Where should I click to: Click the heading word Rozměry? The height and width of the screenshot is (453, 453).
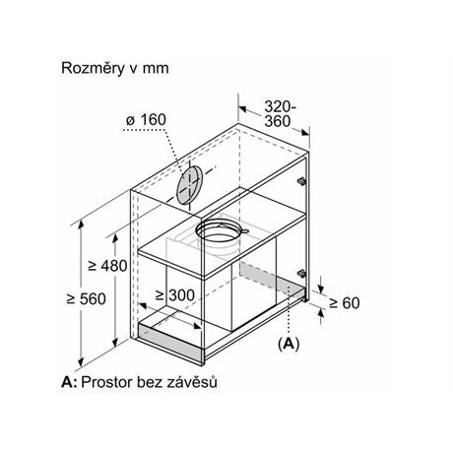pos(94,68)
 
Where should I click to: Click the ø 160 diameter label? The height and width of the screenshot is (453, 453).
pos(146,120)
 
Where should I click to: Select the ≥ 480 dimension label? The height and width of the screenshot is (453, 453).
pos(107,266)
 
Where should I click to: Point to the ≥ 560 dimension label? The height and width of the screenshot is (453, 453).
pos(86,299)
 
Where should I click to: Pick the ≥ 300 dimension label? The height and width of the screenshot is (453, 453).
pos(175,295)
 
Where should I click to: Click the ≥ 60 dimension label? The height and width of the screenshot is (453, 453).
pos(345,303)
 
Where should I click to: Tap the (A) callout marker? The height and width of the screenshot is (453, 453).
pos(289,344)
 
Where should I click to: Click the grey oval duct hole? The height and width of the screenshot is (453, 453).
pos(189,185)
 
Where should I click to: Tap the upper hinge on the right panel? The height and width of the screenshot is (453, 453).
pos(301,181)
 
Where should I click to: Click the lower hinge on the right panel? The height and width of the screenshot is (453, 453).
pos(301,273)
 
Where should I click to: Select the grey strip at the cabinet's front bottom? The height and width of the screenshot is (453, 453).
pos(170,343)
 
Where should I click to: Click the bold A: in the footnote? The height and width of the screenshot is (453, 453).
pos(69,382)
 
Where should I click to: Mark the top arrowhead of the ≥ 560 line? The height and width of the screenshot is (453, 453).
pos(81,225)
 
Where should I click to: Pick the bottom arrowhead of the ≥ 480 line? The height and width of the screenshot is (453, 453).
pos(115,343)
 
